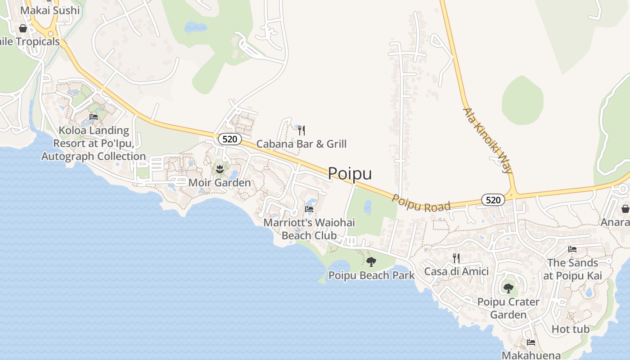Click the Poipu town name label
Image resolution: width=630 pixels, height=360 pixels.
(x=350, y=173)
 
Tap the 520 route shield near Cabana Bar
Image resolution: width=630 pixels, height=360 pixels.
(x=229, y=139)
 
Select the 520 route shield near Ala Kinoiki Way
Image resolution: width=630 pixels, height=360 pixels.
(x=493, y=200)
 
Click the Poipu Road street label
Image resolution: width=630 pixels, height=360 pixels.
(x=421, y=203)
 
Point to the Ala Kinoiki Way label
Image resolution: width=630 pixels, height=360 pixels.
(x=488, y=140)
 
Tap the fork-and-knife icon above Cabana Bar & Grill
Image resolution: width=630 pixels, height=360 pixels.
(x=301, y=130)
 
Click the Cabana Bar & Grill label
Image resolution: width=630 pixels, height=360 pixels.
(x=301, y=144)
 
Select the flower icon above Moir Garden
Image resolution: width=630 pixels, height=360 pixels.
(x=220, y=170)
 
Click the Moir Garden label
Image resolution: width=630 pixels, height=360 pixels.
(x=220, y=183)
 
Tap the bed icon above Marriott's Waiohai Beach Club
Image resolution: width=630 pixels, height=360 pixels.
(x=309, y=209)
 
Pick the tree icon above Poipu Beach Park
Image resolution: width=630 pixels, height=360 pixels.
(x=371, y=261)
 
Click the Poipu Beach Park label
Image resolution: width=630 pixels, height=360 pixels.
(x=371, y=275)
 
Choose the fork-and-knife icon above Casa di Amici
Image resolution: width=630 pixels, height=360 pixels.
(x=456, y=258)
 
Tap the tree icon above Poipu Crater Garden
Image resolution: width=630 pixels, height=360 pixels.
(x=508, y=288)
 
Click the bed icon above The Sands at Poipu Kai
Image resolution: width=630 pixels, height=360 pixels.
(x=572, y=249)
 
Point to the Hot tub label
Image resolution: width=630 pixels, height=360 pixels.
(x=571, y=329)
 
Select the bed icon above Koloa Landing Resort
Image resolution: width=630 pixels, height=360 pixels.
(x=94, y=117)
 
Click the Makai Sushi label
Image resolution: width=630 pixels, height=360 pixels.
(x=50, y=10)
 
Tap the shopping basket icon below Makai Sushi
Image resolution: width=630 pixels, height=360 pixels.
(x=23, y=28)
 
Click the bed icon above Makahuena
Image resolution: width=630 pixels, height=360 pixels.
(x=531, y=342)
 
